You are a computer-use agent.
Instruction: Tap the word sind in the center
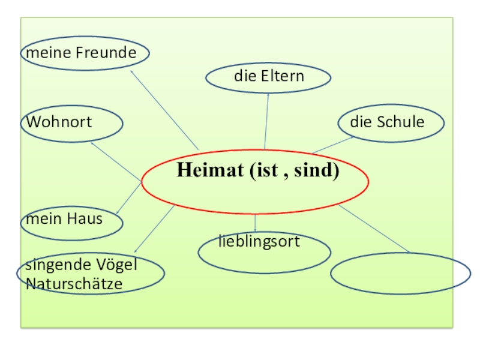318,171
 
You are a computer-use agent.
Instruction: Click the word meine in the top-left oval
49,53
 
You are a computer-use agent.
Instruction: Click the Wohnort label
59,122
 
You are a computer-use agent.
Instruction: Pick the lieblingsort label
259,242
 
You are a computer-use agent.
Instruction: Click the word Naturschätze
74,283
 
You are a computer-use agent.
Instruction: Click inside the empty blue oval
400,274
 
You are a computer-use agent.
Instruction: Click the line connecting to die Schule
332,145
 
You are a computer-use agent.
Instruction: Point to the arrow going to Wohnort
116,161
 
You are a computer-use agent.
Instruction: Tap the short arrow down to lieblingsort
256,223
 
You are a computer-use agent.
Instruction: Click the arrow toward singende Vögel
154,228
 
